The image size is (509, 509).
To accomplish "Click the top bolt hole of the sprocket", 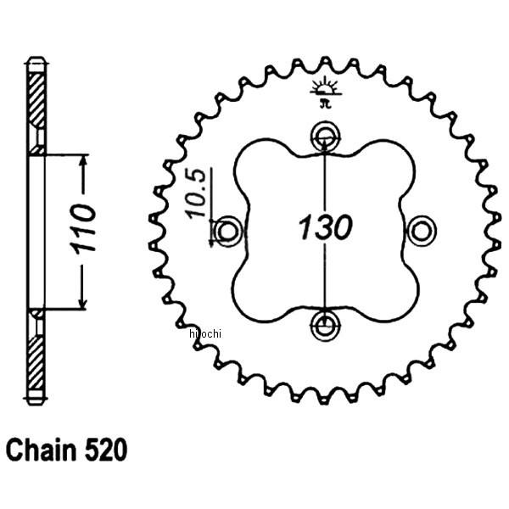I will click(324, 135).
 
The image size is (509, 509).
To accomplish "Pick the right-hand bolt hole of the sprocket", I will click(420, 230).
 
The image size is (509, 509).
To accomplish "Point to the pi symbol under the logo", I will click(323, 104).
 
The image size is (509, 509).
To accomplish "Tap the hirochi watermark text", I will click(206, 330).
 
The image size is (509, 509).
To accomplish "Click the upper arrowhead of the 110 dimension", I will click(84, 160).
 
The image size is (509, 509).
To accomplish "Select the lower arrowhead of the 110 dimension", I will click(84, 303).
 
